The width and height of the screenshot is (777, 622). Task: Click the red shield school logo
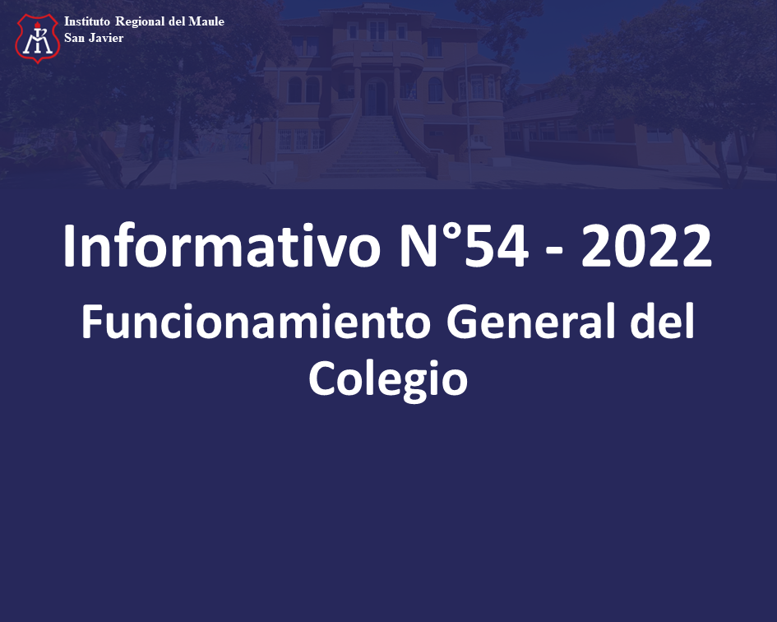pos(38,38)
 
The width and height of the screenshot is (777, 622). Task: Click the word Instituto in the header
pos(86,21)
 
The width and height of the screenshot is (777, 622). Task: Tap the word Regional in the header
pos(140,22)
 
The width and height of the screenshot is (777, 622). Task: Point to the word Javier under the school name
pos(106,38)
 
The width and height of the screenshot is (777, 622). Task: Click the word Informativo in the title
pos(221,246)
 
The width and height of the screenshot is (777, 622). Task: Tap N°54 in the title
pos(464,246)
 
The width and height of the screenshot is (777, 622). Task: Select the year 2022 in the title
pos(646,246)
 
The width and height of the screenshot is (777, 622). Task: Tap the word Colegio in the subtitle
pos(388,379)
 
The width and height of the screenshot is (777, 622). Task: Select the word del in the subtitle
pos(662,322)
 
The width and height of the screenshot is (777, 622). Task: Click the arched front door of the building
pos(376,96)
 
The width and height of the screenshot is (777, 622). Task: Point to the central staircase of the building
pos(375,146)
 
